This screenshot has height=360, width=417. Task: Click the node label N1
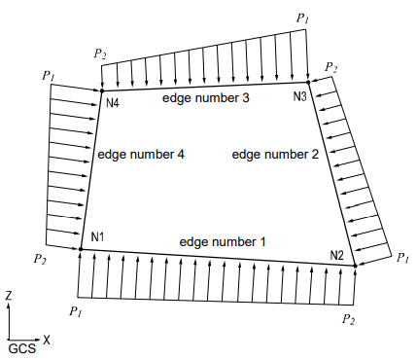[97, 237]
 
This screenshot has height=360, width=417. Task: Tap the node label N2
[337, 256]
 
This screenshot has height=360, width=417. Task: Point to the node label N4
[112, 103]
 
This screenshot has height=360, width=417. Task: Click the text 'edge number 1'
[222, 240]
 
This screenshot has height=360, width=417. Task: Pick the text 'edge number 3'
[206, 98]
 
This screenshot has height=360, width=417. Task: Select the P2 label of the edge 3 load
[100, 53]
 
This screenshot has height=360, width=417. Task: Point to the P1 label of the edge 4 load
[49, 74]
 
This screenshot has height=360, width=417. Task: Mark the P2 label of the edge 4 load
[39, 260]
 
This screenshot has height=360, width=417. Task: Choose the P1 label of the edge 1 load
[74, 310]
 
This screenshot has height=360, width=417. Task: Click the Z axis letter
[9, 294]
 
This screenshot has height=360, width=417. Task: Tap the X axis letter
[47, 340]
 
